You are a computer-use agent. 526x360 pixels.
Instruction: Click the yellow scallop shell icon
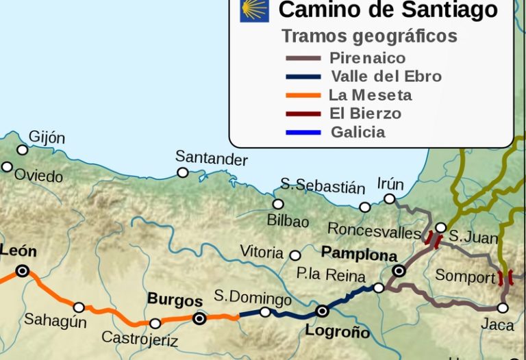click(x=254, y=10)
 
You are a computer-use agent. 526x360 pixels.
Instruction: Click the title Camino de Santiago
click(x=388, y=10)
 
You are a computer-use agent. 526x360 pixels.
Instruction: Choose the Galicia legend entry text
click(x=358, y=132)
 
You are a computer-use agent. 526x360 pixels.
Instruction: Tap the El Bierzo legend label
click(x=365, y=114)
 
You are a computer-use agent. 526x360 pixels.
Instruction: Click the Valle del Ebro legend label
click(x=386, y=77)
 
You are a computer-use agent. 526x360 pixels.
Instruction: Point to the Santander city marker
click(x=183, y=172)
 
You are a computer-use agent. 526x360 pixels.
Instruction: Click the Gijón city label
click(x=47, y=138)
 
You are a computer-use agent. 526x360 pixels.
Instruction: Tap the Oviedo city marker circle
click(x=7, y=167)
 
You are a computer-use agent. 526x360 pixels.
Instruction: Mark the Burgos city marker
click(x=199, y=318)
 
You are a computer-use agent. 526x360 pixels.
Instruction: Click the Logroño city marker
click(x=322, y=311)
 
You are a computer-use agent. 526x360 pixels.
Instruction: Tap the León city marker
click(x=23, y=271)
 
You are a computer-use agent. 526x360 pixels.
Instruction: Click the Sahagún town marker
click(x=79, y=308)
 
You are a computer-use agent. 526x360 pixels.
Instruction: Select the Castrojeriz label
click(x=140, y=338)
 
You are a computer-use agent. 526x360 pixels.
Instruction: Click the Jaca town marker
click(x=503, y=308)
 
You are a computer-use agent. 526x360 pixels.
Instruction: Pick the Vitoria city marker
click(x=295, y=255)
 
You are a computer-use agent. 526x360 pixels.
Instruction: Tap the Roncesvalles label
click(x=374, y=230)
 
